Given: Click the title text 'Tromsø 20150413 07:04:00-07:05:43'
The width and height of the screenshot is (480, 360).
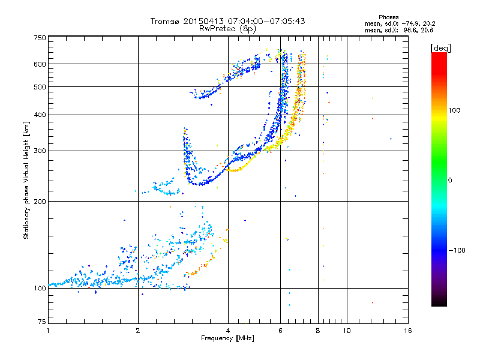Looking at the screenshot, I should [x=227, y=21].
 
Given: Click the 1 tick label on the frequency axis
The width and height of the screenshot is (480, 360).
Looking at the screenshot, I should [x=48, y=331].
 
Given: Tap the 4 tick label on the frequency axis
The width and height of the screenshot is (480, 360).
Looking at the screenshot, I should [x=228, y=331].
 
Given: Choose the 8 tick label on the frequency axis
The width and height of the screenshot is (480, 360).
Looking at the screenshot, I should [x=318, y=331].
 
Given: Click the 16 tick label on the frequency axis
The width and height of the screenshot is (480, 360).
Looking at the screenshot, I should [x=407, y=331].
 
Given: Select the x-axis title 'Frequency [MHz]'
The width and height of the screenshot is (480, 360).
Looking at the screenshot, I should [x=227, y=338].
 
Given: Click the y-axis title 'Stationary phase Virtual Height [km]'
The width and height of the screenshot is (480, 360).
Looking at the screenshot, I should [x=26, y=180].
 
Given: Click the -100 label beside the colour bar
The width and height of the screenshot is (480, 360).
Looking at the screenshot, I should [x=459, y=250].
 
